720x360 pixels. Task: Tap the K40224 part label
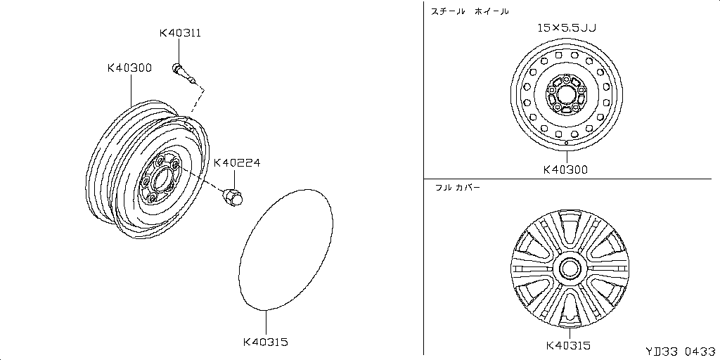click(237, 162)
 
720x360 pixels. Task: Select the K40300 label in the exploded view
click(129, 68)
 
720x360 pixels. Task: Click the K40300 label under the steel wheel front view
click(566, 169)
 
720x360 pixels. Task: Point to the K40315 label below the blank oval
click(266, 342)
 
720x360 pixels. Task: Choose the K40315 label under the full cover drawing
click(567, 345)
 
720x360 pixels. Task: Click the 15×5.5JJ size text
click(567, 29)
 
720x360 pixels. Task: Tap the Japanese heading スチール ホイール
click(470, 11)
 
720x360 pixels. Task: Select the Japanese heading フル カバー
click(457, 188)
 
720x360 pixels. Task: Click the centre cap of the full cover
click(568, 268)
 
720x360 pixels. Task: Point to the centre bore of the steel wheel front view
click(567, 94)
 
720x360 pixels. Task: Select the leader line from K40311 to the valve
click(179, 51)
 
